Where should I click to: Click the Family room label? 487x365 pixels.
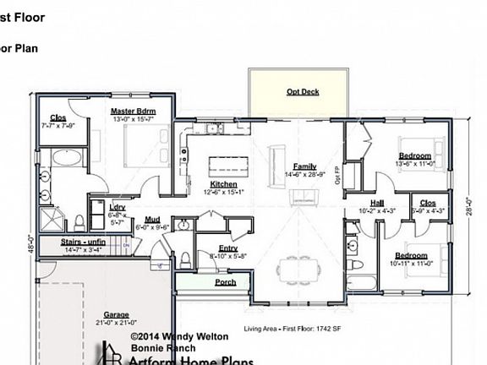click(x=304, y=166)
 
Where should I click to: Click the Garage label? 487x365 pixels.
click(x=117, y=313)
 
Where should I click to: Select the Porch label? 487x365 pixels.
click(x=225, y=282)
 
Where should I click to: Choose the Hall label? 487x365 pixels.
click(x=353, y=203)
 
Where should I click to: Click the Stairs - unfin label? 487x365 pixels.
click(x=84, y=242)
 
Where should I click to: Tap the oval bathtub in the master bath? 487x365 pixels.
click(x=63, y=159)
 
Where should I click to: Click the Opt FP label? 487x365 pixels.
click(x=337, y=175)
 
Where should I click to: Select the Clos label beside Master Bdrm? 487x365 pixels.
click(x=58, y=117)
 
